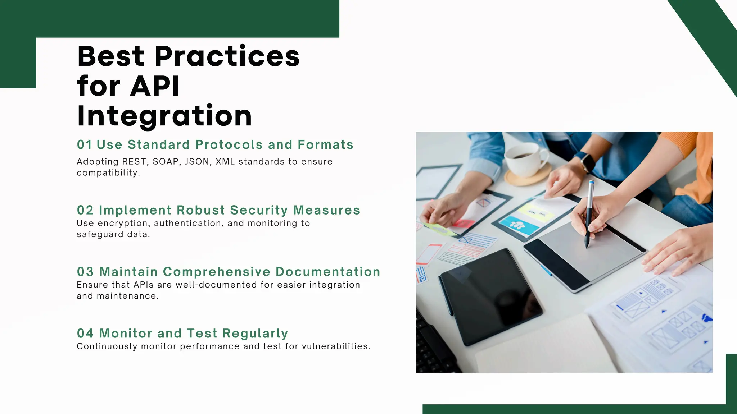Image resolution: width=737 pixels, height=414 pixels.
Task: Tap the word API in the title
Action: pyautogui.click(x=155, y=86)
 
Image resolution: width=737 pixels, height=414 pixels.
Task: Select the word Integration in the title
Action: pyautogui.click(x=164, y=116)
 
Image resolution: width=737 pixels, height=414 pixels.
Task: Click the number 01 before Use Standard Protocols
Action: pyautogui.click(x=85, y=145)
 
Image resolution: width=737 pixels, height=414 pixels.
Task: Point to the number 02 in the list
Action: pyautogui.click(x=85, y=210)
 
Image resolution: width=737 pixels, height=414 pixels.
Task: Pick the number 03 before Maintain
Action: pyautogui.click(x=85, y=272)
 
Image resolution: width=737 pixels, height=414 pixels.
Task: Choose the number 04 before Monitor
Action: pyautogui.click(x=85, y=333)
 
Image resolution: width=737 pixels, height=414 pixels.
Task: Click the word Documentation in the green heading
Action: pyautogui.click(x=328, y=272)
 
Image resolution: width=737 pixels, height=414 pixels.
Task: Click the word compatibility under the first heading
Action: pyautogui.click(x=108, y=173)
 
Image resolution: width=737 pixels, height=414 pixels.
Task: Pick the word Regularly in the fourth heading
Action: pyautogui.click(x=255, y=333)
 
